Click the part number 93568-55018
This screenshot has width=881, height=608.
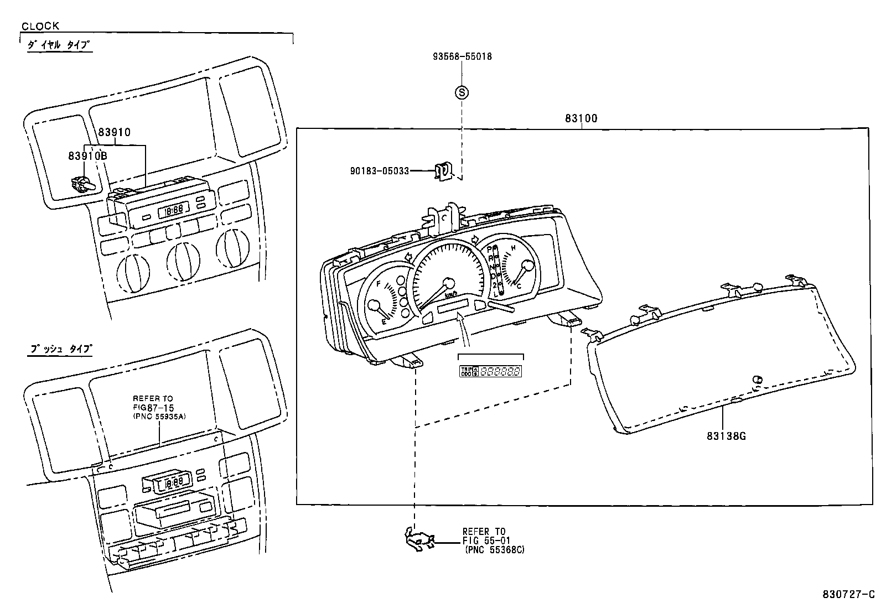(x=462, y=56)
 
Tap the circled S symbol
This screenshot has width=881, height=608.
(x=462, y=92)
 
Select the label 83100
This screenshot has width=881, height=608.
(x=581, y=118)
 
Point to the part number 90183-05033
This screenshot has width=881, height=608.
(x=379, y=171)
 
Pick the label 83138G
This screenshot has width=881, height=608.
(x=726, y=436)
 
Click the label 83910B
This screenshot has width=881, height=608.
(x=87, y=156)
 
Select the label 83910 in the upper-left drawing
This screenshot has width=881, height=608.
(x=115, y=132)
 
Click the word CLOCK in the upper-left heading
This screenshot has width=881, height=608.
(x=40, y=26)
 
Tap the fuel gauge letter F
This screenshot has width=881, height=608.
(x=379, y=284)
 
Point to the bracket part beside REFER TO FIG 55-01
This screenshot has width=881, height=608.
(x=419, y=541)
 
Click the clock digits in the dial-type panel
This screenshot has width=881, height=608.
(x=174, y=210)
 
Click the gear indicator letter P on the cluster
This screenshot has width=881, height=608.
(x=489, y=250)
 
